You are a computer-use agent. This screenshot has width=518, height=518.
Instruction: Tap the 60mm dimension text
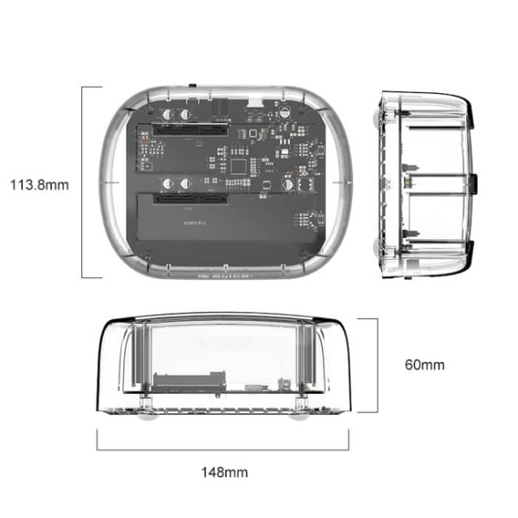click(x=425, y=364)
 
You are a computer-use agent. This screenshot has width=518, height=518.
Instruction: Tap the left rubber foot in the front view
click(x=147, y=415)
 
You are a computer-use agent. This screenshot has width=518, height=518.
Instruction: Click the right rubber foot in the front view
click(x=300, y=415)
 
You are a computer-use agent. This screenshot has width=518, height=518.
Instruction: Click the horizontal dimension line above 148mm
click(x=225, y=449)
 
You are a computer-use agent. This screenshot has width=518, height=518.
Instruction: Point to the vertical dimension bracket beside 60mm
click(x=377, y=364)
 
